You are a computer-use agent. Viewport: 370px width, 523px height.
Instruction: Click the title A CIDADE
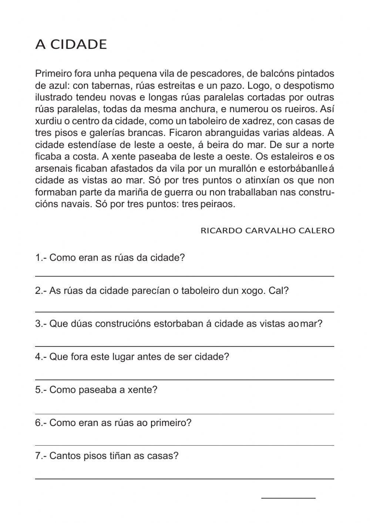click(x=71, y=44)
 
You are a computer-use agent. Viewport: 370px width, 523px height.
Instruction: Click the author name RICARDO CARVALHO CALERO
click(x=267, y=231)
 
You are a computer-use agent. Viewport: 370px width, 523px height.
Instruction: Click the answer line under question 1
click(x=185, y=276)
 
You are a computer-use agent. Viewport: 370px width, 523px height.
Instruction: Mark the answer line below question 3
click(x=185, y=346)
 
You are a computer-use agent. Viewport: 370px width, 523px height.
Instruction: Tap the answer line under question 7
click(x=185, y=479)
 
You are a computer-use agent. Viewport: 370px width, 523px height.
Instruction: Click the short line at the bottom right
click(x=288, y=498)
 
